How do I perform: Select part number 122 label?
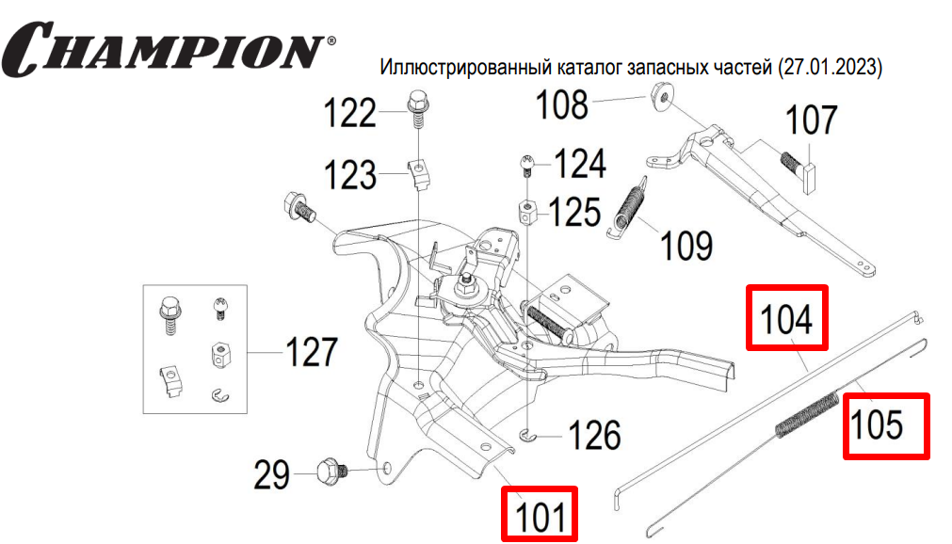350,115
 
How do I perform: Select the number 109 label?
686,247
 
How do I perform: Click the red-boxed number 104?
786,318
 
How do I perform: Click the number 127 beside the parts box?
311,353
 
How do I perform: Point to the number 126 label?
595,436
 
